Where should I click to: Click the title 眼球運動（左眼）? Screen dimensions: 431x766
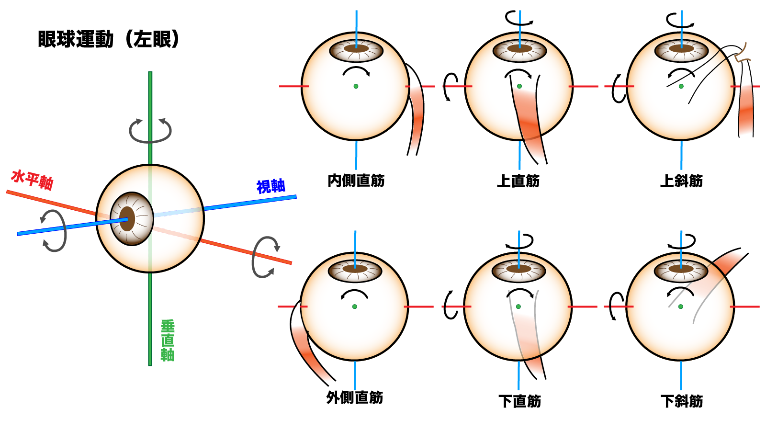pos(109,39)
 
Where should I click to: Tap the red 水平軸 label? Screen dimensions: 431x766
pos(32,180)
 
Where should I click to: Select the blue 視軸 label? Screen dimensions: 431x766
pos(271,186)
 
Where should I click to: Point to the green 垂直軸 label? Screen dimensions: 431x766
pos(168,340)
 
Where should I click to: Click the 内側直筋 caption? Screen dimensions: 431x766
pos(356,181)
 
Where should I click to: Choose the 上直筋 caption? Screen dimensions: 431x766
pos(518,181)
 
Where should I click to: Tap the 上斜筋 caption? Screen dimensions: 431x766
pos(681,181)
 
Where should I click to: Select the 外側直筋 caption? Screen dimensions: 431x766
pos(355,397)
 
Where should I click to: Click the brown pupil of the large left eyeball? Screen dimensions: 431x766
pos(127,219)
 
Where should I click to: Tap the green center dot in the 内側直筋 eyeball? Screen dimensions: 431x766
pos(356,86)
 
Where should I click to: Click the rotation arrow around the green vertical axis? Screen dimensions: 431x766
pos(150,130)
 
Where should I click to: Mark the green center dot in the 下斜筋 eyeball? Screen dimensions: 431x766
pos(680,306)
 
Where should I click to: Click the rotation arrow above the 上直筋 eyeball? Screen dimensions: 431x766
pos(519,19)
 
